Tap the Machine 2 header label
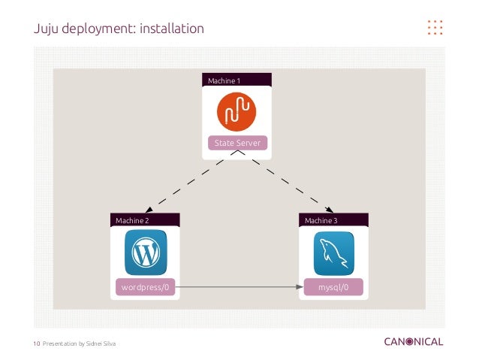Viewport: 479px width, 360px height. tap(132, 220)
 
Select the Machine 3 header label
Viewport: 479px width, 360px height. tap(321, 220)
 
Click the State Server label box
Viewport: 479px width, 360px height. tap(236, 144)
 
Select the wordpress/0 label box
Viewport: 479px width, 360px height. tap(146, 286)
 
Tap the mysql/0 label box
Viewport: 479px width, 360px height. tap(333, 286)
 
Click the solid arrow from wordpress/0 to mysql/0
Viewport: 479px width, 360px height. tap(240, 286)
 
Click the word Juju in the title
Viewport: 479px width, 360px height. tap(47, 29)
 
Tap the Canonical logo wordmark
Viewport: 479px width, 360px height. tap(413, 342)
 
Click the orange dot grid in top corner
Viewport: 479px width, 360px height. tap(435, 27)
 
